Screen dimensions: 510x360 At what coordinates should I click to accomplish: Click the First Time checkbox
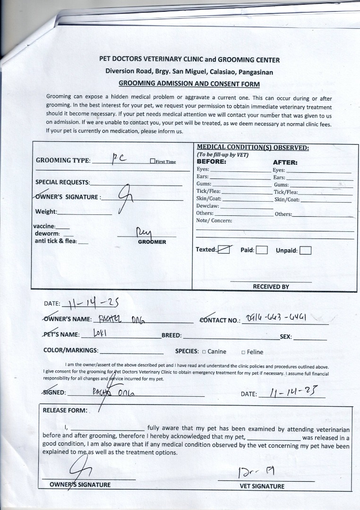pos(153,161)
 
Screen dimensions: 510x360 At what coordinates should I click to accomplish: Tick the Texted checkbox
pos(224,250)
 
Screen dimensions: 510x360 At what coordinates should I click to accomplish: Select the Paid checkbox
pos(262,250)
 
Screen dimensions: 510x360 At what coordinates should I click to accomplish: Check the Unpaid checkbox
pos(305,250)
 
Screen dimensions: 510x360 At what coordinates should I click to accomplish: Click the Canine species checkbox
pos(204,352)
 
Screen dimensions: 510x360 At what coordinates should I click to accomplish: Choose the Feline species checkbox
pos(243,352)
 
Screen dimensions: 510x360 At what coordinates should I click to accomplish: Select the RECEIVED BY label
pos(271,287)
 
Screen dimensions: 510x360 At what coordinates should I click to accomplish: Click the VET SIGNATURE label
pos(262,486)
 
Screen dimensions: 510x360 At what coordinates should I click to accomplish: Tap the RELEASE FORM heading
pos(65,410)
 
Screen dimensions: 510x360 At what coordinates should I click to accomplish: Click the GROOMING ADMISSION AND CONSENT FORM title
pos(189,84)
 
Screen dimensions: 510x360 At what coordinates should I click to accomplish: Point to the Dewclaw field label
pos(207,206)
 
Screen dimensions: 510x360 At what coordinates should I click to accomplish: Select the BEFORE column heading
pos(211,161)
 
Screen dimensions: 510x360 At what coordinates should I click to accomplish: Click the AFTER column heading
pos(285,162)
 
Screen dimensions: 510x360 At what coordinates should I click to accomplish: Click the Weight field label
pos(46,212)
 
